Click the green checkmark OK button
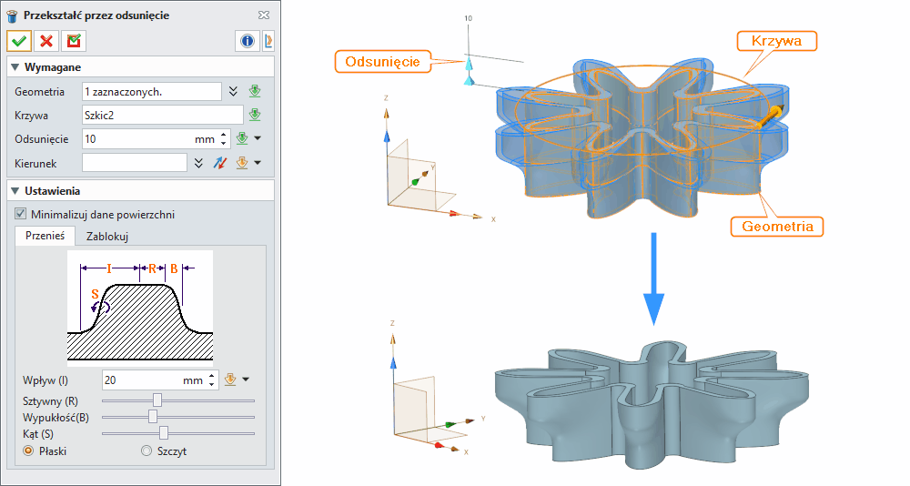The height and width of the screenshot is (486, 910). (19, 41)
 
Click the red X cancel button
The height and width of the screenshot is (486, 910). (46, 41)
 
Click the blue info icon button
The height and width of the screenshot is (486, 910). (247, 41)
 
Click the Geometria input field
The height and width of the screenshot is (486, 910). (151, 91)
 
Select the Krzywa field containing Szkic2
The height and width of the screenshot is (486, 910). (162, 115)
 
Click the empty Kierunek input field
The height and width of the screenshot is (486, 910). (135, 162)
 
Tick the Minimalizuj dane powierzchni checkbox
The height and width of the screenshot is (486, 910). (21, 215)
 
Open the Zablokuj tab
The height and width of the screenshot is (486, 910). (106, 237)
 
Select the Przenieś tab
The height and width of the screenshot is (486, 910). (45, 237)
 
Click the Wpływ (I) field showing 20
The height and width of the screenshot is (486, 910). (146, 380)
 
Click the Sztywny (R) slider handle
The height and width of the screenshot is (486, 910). (157, 400)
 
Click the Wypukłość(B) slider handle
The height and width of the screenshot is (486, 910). (153, 416)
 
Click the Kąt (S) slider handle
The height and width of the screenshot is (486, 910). (164, 432)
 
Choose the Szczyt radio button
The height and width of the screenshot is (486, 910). (147, 451)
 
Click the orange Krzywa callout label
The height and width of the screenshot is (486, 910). (776, 41)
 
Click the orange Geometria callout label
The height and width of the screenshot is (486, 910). (776, 226)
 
